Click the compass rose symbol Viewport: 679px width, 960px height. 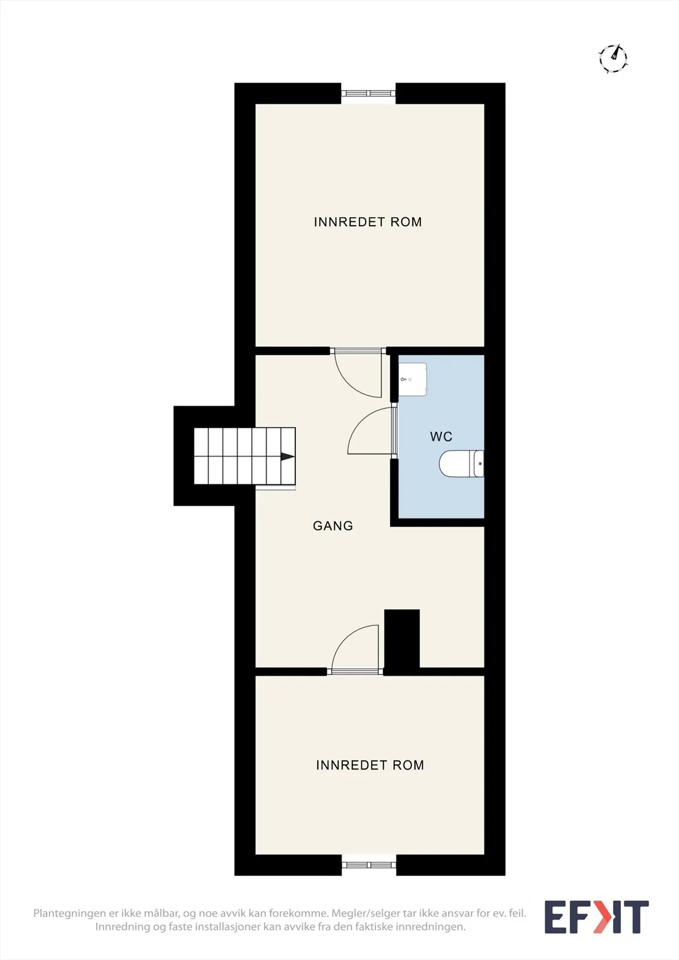click(x=613, y=58)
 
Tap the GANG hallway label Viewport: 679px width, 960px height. click(x=333, y=526)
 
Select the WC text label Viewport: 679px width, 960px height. click(x=441, y=437)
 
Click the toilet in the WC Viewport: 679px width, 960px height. click(x=462, y=463)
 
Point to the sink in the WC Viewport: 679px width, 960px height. click(x=412, y=379)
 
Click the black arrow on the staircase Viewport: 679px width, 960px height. click(x=288, y=457)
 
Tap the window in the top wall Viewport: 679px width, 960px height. click(x=369, y=93)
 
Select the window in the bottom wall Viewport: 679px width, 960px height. click(x=369, y=865)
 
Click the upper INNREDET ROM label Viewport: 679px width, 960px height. click(x=367, y=222)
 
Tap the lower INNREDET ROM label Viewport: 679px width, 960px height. click(x=370, y=766)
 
